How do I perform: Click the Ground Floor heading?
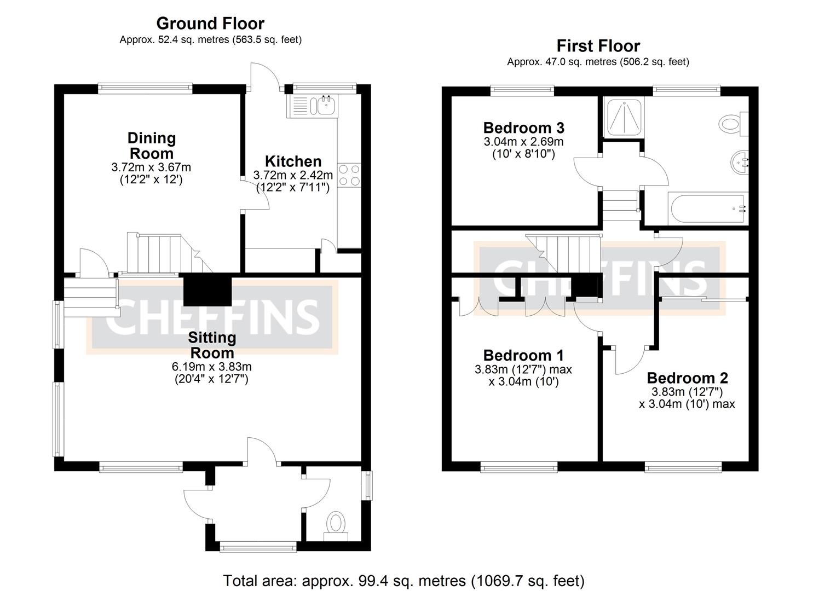point(210,24)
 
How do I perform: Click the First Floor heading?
point(598,46)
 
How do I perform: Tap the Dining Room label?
point(152,146)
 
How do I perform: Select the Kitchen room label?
point(293,161)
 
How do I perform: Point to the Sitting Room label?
point(212,345)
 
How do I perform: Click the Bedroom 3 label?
point(523,128)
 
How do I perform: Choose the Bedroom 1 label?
point(523,356)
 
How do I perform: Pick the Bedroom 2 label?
point(687,378)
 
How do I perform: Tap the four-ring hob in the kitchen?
point(349,175)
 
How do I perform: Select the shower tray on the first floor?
point(625,118)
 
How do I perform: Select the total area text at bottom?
point(403,580)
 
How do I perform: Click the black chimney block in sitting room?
point(207,289)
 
